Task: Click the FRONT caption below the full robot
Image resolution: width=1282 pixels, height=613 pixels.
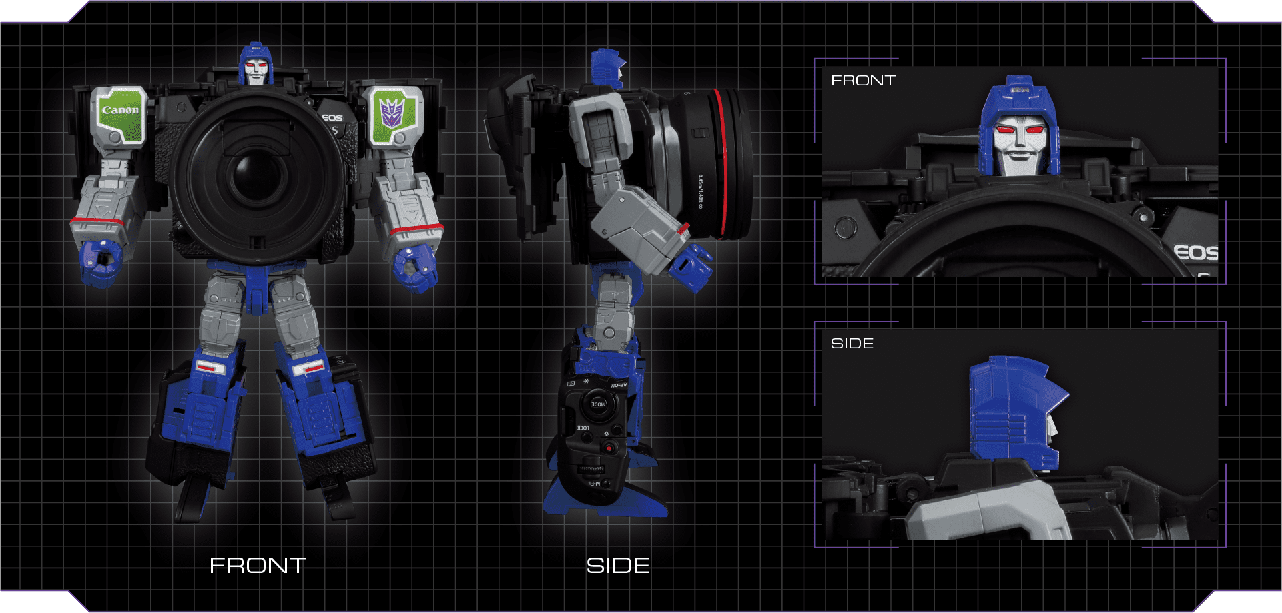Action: tap(258, 566)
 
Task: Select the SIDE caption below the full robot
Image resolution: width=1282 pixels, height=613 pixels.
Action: tap(617, 566)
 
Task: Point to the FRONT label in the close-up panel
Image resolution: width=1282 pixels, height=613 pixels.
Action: tap(863, 81)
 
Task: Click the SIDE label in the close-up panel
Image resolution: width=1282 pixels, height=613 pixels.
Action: tap(852, 344)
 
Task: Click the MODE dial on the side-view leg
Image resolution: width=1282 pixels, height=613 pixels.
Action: tap(597, 404)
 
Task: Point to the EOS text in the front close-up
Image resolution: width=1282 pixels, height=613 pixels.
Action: tap(1195, 253)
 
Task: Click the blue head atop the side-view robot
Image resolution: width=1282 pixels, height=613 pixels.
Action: tap(607, 67)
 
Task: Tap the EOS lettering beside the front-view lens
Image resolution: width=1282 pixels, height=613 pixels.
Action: tap(332, 118)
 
